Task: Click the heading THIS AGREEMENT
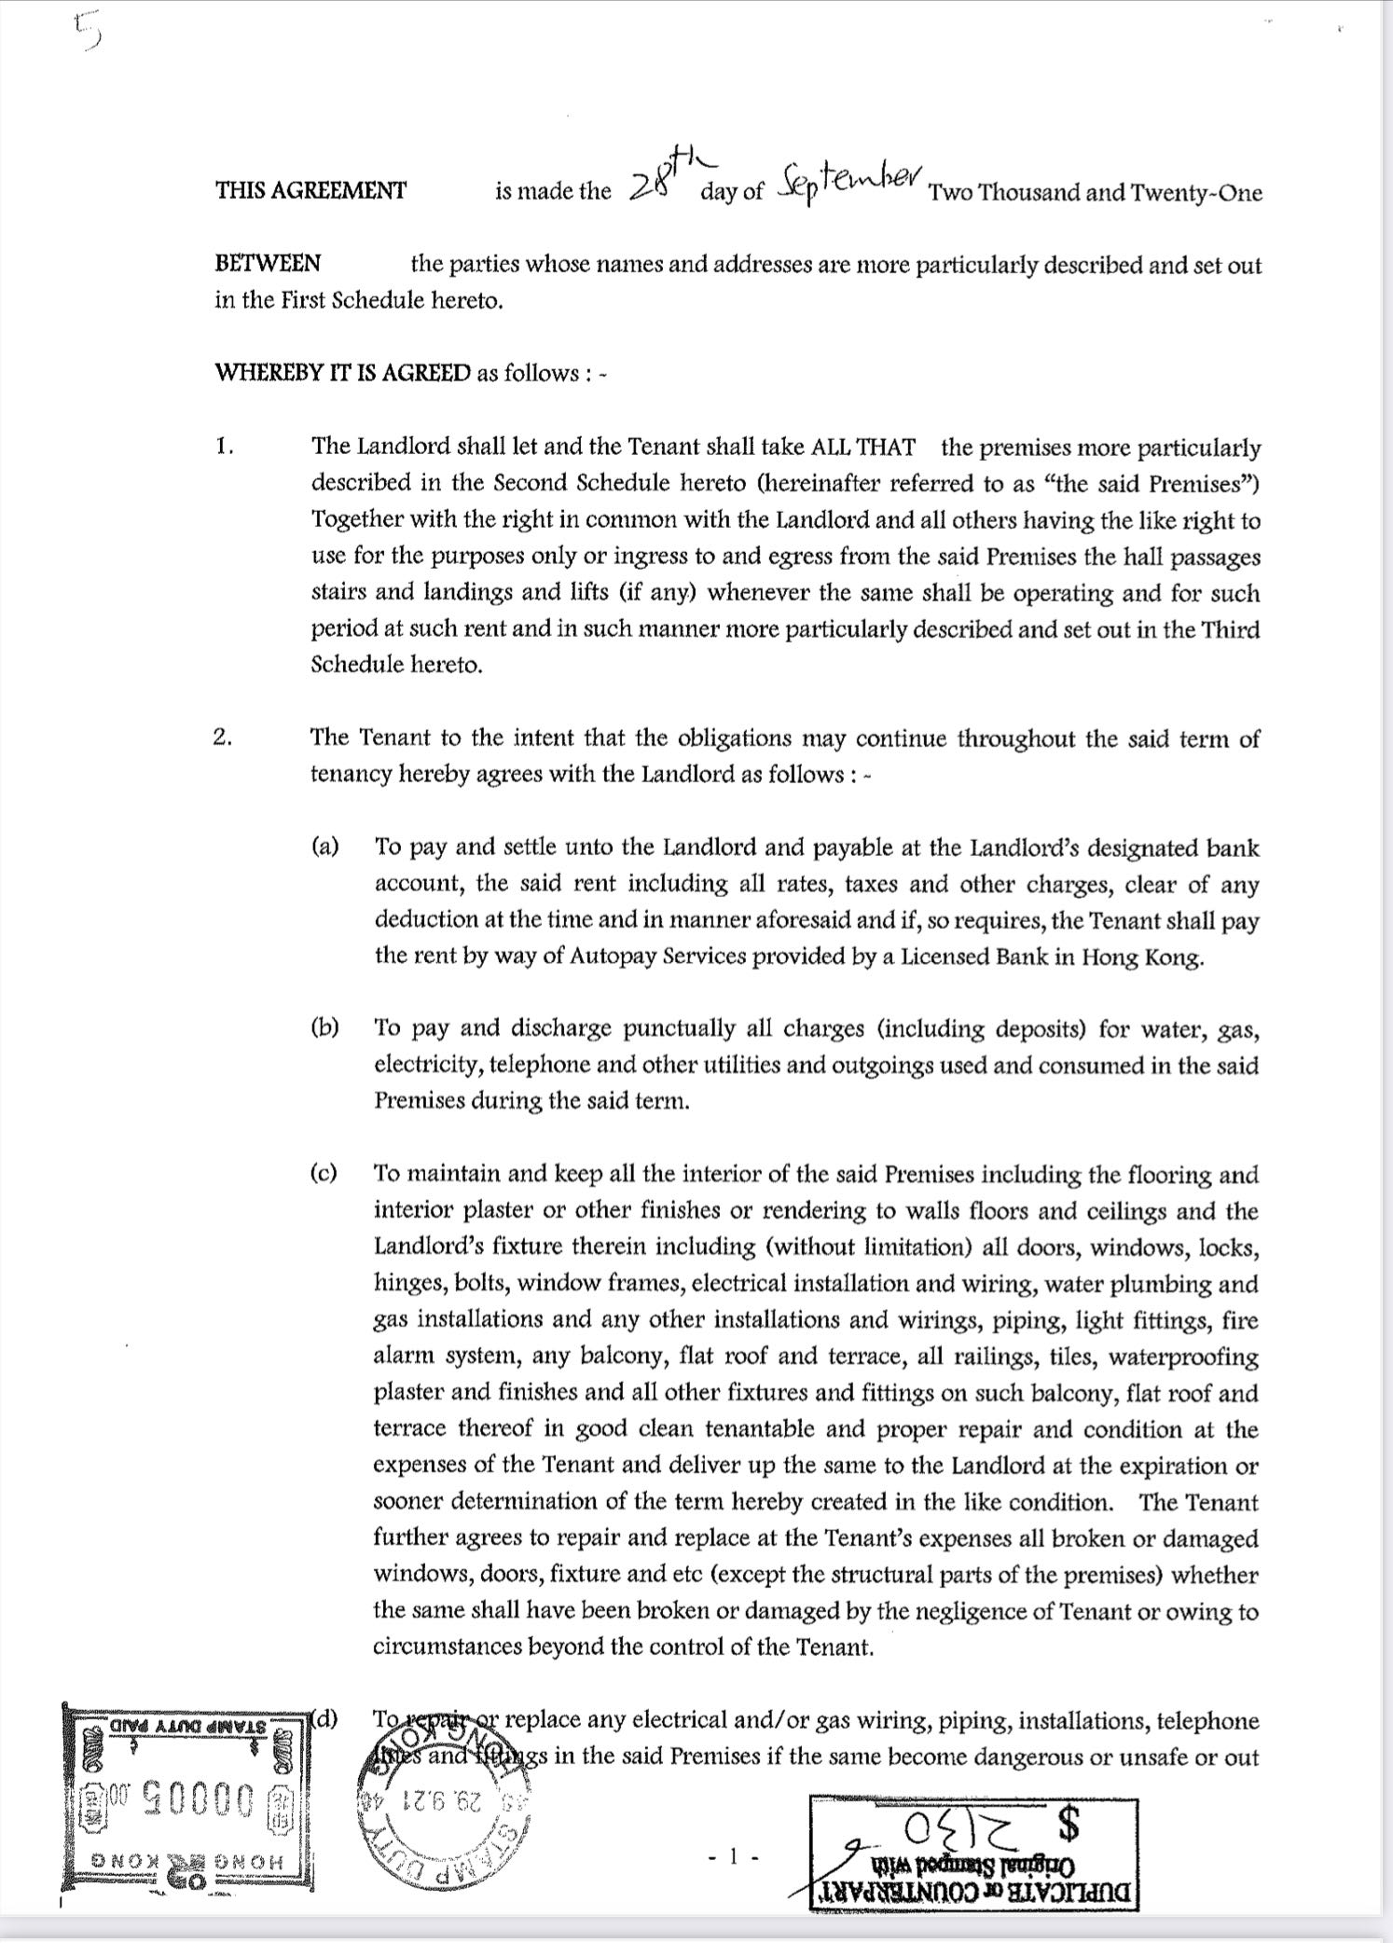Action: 310,191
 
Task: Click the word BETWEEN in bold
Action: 268,264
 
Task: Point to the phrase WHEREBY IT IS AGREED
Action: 343,374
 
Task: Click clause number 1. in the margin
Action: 224,447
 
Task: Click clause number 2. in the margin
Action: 223,737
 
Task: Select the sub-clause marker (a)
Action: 324,847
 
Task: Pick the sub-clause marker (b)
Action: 324,1028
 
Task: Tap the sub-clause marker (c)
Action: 324,1174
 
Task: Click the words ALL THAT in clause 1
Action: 862,447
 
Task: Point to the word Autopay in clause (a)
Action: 606,957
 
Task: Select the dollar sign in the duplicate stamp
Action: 1071,1825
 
